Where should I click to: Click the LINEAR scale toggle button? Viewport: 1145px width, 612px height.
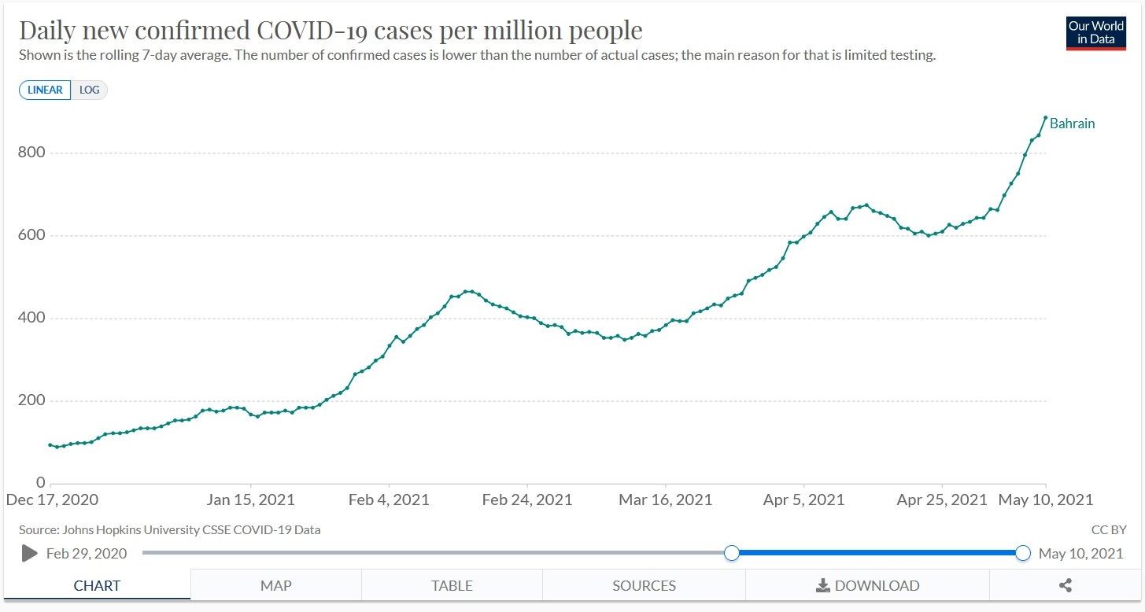tap(45, 90)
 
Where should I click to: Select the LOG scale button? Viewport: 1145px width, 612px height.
tap(90, 90)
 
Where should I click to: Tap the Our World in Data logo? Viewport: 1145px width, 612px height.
tap(1095, 33)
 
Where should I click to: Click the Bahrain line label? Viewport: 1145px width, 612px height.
tap(1072, 124)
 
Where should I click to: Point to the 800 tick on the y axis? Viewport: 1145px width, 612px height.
tap(31, 153)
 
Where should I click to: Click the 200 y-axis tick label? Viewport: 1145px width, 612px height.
tap(31, 400)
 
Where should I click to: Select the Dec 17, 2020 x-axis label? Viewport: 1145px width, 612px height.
tap(52, 500)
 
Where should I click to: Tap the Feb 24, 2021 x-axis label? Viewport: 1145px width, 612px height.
tap(527, 500)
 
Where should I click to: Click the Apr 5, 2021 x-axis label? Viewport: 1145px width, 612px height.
tap(803, 500)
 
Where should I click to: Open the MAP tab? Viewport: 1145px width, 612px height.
tap(275, 585)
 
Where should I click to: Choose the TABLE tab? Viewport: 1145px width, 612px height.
tap(452, 585)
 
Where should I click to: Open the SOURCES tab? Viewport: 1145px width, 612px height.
tap(644, 585)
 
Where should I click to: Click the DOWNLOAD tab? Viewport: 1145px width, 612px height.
tap(867, 585)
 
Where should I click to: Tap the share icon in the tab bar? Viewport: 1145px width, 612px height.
tap(1066, 585)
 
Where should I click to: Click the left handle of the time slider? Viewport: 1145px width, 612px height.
tap(732, 553)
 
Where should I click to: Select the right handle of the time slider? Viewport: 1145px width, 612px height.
tap(1023, 553)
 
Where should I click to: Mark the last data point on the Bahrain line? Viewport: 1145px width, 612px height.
tap(1045, 118)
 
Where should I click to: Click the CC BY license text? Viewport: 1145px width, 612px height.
tap(1109, 530)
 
